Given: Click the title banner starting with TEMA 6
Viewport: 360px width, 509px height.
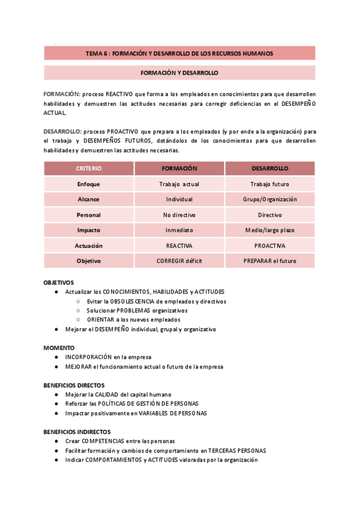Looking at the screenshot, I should point(179,53).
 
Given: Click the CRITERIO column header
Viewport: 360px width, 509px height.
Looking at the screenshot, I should point(89,169).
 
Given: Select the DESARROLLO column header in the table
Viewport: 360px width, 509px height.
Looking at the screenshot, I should point(269,169).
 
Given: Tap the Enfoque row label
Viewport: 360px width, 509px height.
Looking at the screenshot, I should point(89,184).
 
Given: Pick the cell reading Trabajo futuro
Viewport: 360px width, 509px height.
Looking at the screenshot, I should point(269,184).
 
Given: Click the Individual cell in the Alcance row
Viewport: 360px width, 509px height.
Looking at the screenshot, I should point(179,199).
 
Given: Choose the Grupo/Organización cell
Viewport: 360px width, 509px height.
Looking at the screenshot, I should point(269,199).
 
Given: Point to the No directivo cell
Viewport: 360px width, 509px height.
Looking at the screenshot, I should point(179,215).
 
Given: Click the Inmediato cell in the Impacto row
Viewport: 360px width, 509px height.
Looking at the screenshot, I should point(179,230).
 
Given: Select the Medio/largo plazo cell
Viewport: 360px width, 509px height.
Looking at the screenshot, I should point(269,230).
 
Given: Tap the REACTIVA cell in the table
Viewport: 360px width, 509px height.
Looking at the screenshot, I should point(179,245).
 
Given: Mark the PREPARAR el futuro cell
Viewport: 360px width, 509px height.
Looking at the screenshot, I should point(269,261).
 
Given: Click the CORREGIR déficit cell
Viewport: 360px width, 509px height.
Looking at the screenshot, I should point(179,261).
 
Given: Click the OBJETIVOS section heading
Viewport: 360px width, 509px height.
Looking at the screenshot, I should point(59,282).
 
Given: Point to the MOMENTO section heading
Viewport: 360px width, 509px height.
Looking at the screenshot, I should point(59,348).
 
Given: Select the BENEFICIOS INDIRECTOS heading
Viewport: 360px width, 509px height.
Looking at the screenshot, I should point(77,432).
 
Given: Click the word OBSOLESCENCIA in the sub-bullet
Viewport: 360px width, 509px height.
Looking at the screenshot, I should point(131,301).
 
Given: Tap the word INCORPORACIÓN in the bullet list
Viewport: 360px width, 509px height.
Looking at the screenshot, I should point(89,357).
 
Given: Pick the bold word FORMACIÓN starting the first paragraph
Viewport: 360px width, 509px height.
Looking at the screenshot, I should point(61,94).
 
